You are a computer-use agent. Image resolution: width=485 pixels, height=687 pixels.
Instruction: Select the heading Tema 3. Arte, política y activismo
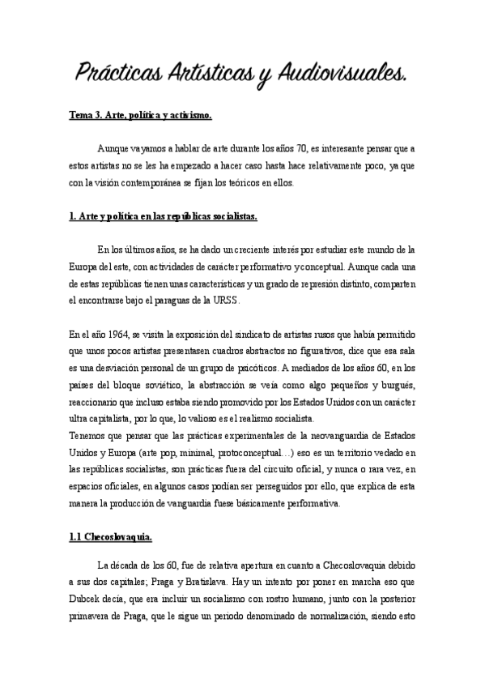[140, 116]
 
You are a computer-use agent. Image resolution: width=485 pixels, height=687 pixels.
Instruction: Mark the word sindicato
[230, 334]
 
